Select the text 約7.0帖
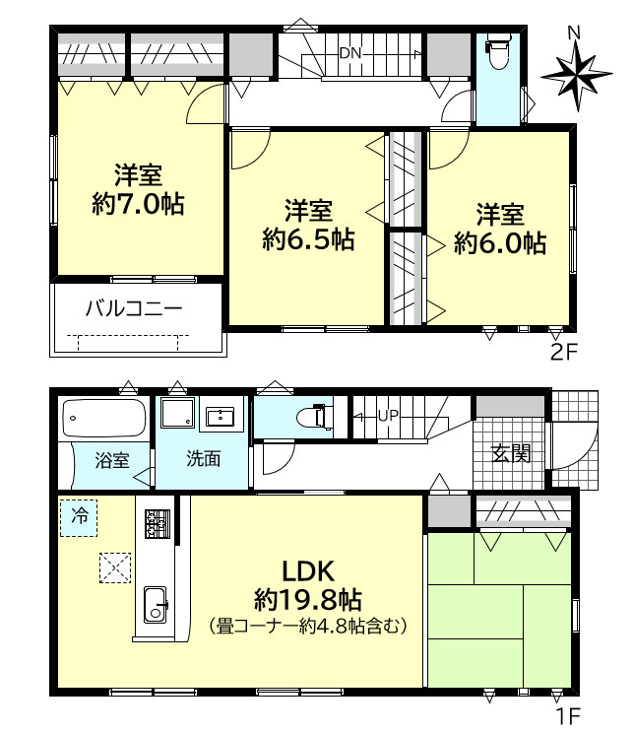[x=139, y=205]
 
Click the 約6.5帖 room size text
[x=308, y=238]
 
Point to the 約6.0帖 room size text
[x=500, y=242]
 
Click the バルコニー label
[x=134, y=308]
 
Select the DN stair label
[x=350, y=53]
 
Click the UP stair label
[x=387, y=415]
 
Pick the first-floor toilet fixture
[x=314, y=416]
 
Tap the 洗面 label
[x=204, y=460]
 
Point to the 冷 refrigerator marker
[x=79, y=515]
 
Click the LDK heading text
[x=310, y=569]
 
